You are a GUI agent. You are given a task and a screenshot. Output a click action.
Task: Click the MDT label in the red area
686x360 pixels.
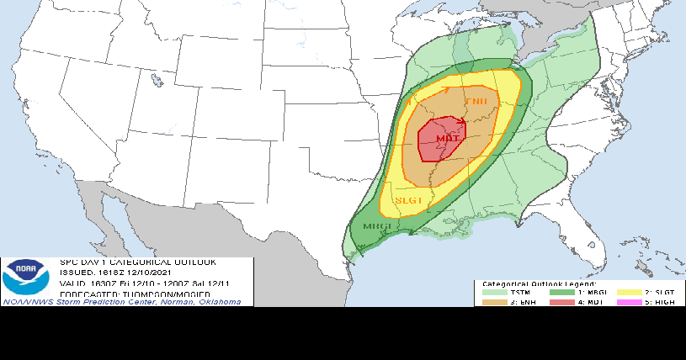447,138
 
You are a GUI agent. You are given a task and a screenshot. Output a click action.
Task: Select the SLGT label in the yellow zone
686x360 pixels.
407,201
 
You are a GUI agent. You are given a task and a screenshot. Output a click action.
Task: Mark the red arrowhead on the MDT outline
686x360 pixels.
462,123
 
